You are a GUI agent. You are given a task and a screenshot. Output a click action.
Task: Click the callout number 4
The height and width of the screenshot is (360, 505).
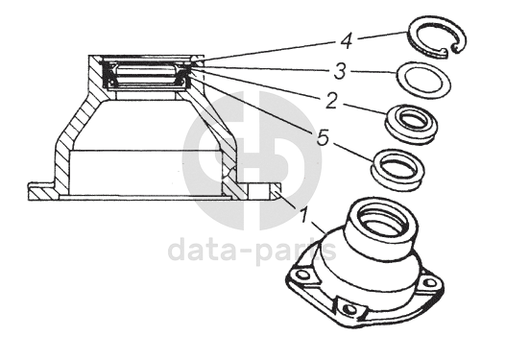347,41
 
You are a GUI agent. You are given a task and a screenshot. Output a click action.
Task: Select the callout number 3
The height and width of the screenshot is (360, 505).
340,71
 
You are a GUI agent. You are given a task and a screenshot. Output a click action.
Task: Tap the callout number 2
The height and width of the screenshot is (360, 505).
331,101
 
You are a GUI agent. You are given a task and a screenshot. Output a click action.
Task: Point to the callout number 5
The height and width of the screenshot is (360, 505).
323,137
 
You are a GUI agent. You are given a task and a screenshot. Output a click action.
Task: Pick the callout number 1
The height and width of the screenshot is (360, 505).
303,216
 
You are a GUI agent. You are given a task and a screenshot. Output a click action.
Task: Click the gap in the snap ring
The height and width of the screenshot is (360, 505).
449,50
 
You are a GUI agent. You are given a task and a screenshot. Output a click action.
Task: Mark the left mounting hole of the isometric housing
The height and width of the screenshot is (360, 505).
301,275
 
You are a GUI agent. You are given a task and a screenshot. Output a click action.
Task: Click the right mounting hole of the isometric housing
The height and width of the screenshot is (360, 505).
428,283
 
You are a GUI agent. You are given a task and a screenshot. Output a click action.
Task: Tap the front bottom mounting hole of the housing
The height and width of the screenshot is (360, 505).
349,309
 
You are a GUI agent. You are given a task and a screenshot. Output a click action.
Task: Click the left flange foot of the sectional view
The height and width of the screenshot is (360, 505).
42,192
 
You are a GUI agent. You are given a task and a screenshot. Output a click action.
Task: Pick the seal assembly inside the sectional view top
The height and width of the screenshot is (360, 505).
147,75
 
